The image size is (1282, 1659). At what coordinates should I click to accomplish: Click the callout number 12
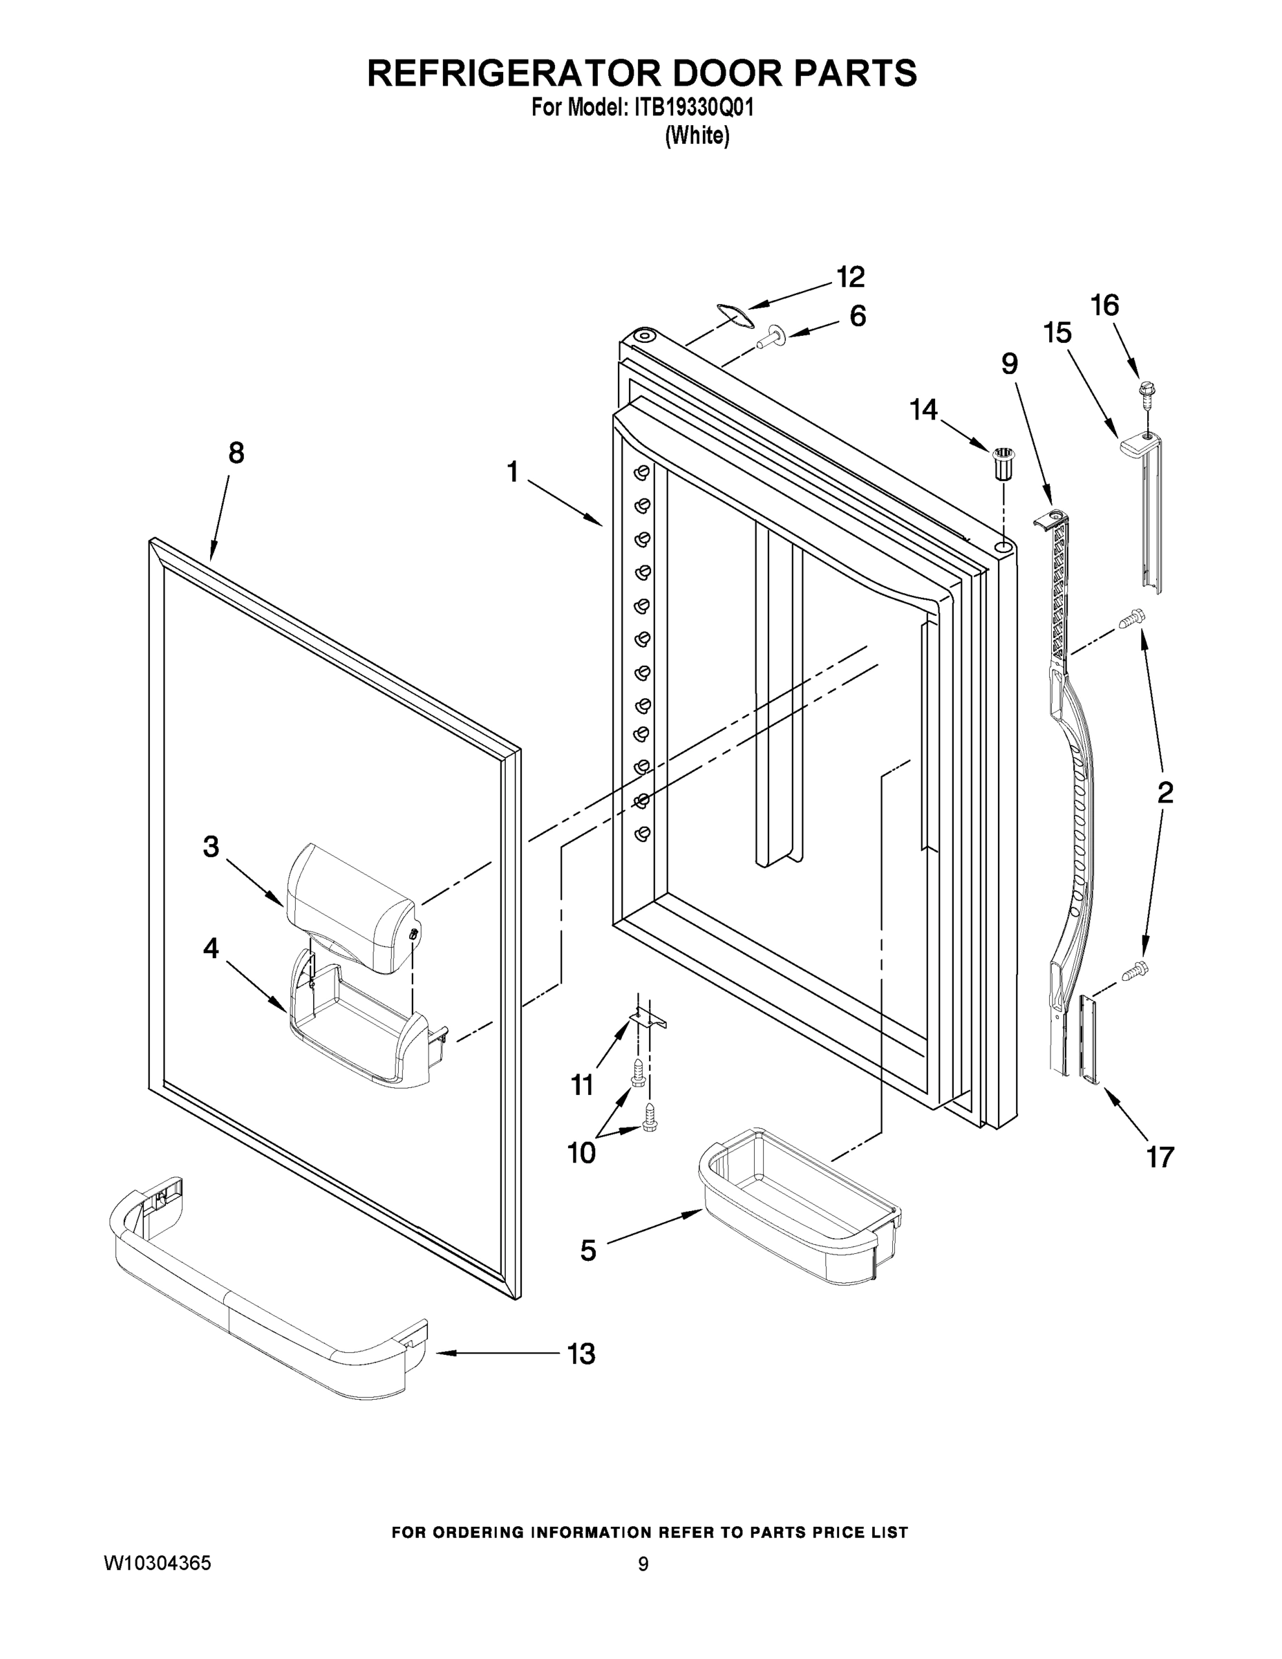[x=850, y=277]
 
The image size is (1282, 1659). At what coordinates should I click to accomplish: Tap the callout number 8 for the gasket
[x=236, y=453]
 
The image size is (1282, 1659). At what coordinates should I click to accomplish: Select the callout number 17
[x=1160, y=1158]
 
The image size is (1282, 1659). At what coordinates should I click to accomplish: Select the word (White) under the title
[x=697, y=136]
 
